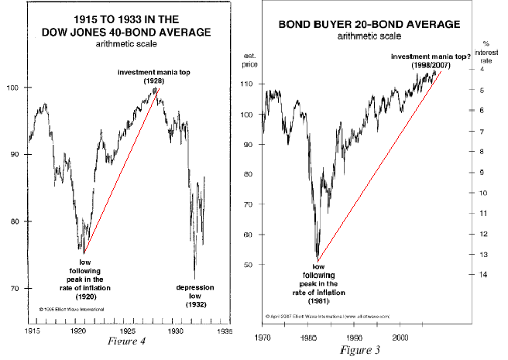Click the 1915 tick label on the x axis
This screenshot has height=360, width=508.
32,330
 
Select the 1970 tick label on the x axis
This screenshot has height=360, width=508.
264,338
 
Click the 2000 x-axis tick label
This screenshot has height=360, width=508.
401,338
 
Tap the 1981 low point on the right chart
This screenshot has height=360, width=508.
318,259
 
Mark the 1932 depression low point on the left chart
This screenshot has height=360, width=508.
194,279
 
